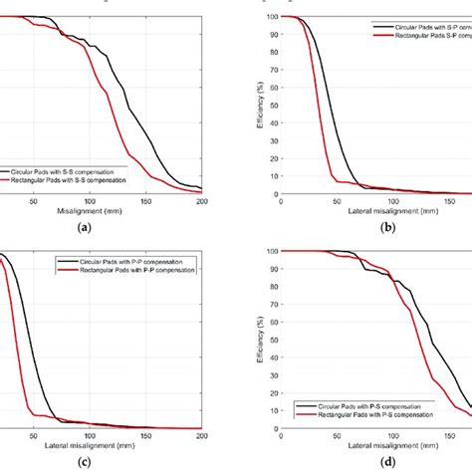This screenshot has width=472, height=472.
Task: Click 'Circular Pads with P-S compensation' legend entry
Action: tap(372, 406)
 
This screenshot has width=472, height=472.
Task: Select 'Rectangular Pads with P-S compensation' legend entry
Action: tap(375, 416)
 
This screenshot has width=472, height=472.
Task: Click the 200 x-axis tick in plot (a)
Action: tap(202, 202)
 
